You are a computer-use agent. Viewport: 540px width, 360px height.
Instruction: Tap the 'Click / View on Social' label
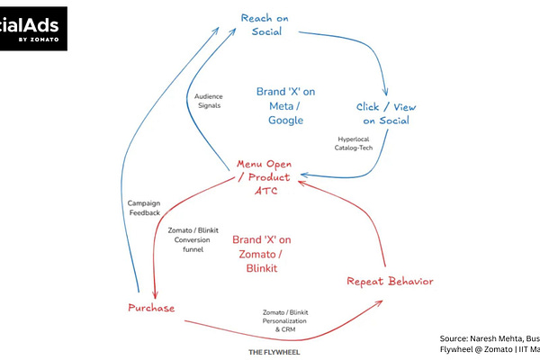coord(387,113)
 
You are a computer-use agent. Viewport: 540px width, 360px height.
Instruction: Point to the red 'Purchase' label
coord(149,308)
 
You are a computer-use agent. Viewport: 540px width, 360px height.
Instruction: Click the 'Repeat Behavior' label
coord(390,282)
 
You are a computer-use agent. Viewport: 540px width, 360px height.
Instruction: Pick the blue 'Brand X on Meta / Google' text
coord(285,105)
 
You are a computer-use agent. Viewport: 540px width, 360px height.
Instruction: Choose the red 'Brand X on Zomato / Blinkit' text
coord(262,254)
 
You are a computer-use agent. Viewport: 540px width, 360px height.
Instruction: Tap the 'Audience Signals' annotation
coord(208,100)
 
